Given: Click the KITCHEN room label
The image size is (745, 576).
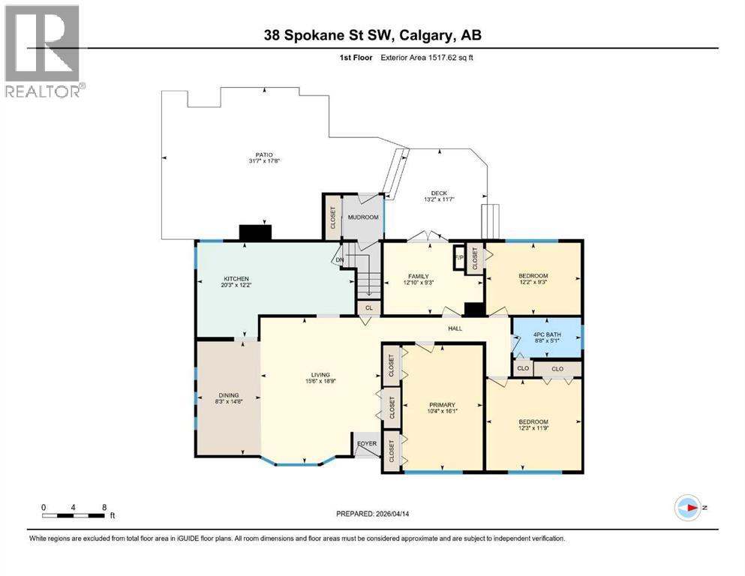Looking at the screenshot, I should (215, 278).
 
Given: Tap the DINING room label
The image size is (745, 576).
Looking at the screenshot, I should (229, 395).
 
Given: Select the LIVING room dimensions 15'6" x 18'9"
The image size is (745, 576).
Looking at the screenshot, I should (321, 382).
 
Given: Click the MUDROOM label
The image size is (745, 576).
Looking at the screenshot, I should (363, 217).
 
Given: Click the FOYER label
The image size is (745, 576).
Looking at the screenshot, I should (368, 442).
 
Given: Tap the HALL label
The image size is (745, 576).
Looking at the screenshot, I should (455, 328).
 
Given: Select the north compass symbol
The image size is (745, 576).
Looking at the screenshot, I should (687, 507).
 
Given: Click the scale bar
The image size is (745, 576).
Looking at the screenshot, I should (74, 514).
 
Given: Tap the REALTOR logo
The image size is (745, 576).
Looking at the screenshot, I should (43, 51).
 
